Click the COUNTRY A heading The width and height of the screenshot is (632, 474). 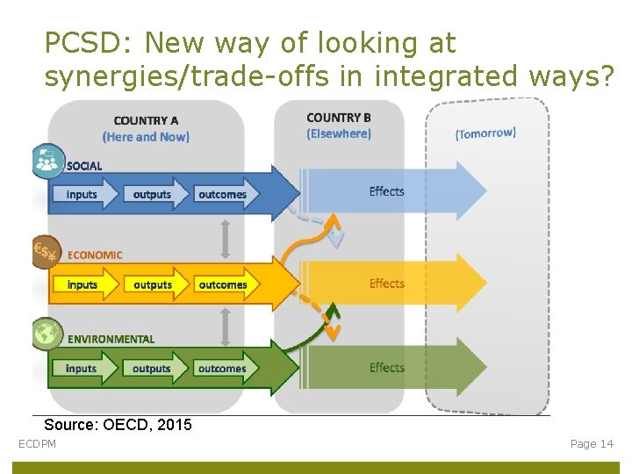(x=146, y=121)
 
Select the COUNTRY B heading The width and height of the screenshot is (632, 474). (x=339, y=118)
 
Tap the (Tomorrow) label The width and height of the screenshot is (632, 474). (x=485, y=133)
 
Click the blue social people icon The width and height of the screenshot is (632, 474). (x=47, y=162)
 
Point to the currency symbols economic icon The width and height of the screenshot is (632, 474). (x=45, y=253)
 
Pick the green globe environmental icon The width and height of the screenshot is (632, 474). (x=47, y=334)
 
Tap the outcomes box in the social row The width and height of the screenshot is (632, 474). (x=223, y=194)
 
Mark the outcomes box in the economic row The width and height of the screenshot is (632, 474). (x=223, y=284)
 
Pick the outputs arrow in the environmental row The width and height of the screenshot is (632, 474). (x=154, y=368)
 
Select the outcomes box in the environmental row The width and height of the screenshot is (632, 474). (x=222, y=368)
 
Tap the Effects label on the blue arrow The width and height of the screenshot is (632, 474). (x=386, y=191)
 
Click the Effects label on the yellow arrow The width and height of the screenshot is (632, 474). (x=386, y=284)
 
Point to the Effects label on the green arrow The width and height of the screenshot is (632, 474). (x=386, y=368)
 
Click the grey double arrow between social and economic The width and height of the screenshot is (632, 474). (x=226, y=238)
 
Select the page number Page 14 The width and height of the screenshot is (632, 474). (x=592, y=444)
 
